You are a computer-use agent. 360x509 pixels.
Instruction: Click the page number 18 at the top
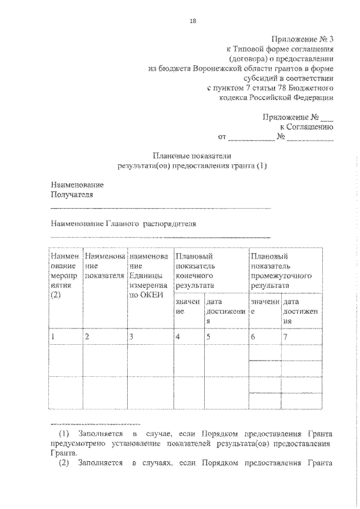point(193,21)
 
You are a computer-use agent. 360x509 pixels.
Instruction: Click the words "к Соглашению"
point(310,127)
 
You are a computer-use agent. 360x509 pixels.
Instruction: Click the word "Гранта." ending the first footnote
point(64,454)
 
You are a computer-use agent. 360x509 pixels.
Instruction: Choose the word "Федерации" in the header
point(314,97)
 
